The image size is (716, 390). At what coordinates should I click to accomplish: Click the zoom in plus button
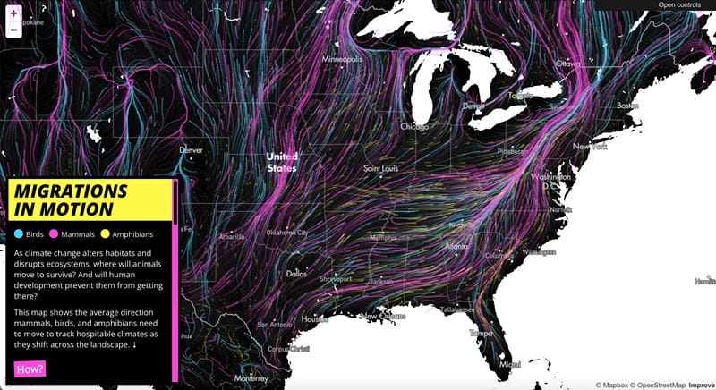tap(13, 13)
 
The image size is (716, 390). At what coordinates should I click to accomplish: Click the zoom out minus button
tap(13, 30)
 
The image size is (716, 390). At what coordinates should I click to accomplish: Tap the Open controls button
tap(679, 5)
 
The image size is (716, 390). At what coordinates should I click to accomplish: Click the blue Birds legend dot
tap(19, 234)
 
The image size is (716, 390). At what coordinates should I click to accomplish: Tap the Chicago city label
tap(414, 126)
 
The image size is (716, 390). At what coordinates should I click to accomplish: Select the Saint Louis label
tap(380, 168)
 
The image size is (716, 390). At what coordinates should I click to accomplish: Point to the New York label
tap(590, 146)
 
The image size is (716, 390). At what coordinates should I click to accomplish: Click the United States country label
tap(280, 161)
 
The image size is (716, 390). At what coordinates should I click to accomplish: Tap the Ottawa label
tap(567, 64)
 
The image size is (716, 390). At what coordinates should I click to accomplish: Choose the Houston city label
tap(314, 318)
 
